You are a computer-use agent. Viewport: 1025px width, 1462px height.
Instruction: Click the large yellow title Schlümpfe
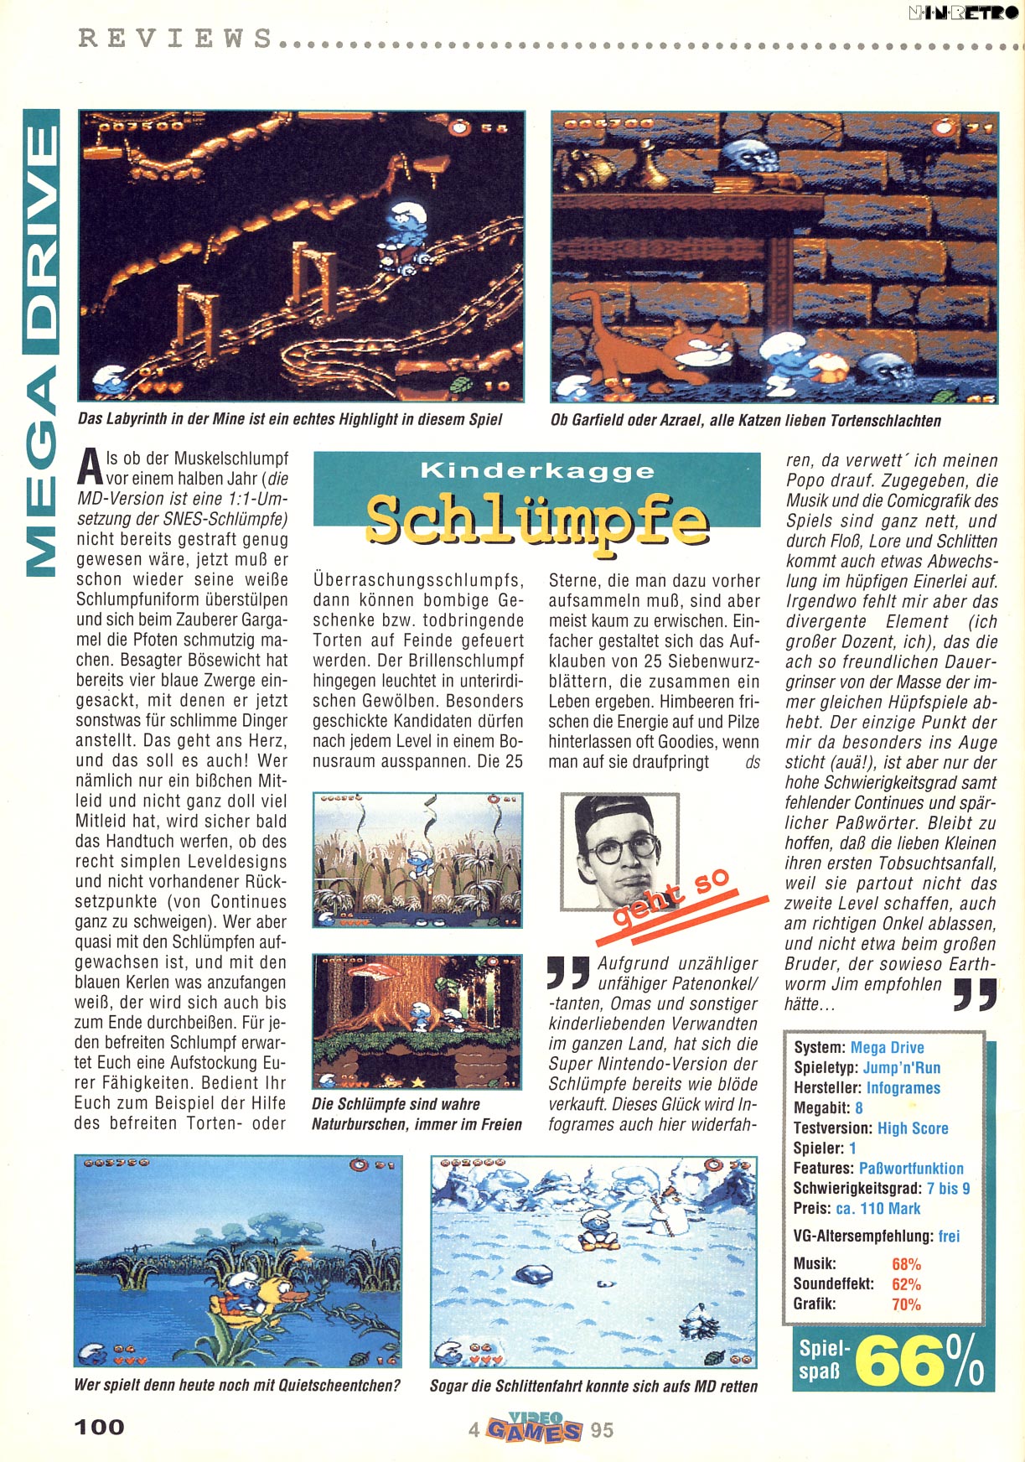pos(536,520)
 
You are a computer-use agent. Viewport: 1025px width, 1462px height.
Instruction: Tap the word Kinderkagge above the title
pos(536,470)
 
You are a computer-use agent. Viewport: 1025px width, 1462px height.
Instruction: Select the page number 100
pos(99,1427)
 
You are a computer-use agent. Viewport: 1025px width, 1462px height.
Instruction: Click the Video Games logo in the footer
pos(535,1428)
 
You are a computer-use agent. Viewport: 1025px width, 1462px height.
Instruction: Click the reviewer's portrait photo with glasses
pos(619,850)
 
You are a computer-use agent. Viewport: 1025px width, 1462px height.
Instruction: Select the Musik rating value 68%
pos(906,1264)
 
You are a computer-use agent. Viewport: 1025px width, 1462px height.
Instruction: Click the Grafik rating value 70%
pos(906,1304)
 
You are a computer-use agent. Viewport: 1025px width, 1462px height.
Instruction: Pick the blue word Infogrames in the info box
pos(903,1088)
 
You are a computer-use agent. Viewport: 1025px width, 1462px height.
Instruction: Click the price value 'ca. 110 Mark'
pos(877,1209)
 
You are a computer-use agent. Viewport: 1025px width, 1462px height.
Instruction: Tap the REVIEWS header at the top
pos(175,39)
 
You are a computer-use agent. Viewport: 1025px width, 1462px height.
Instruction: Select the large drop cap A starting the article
pos(88,469)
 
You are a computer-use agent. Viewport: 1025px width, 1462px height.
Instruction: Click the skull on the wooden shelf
pos(743,155)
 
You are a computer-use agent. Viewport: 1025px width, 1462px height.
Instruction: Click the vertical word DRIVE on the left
pos(42,226)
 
